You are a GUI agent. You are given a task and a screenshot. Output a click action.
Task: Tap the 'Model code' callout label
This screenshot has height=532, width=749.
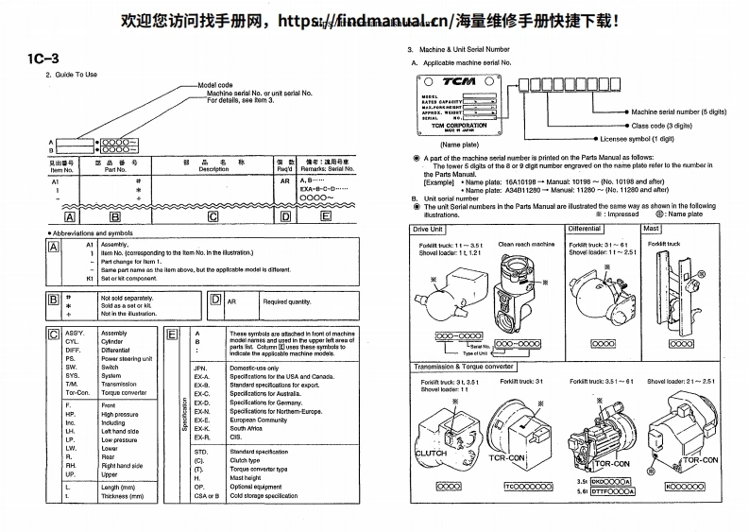pyautogui.click(x=215, y=85)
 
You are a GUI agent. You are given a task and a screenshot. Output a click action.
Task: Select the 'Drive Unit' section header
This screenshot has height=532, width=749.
pyautogui.click(x=428, y=229)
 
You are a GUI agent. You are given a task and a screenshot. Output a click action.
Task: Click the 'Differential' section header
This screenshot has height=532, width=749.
pyautogui.click(x=585, y=229)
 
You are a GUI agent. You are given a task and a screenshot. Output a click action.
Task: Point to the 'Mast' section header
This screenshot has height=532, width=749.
pyautogui.click(x=651, y=229)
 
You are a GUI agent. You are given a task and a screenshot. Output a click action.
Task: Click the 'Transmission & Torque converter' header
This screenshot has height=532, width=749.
pyautogui.click(x=463, y=366)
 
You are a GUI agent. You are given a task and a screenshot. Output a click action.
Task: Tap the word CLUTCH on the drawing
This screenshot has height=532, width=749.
pyautogui.click(x=431, y=454)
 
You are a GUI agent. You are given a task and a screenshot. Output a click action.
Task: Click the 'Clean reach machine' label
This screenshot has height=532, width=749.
pyautogui.click(x=526, y=244)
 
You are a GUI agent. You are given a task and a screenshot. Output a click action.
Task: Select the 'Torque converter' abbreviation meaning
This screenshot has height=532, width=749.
pyautogui.click(x=122, y=392)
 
